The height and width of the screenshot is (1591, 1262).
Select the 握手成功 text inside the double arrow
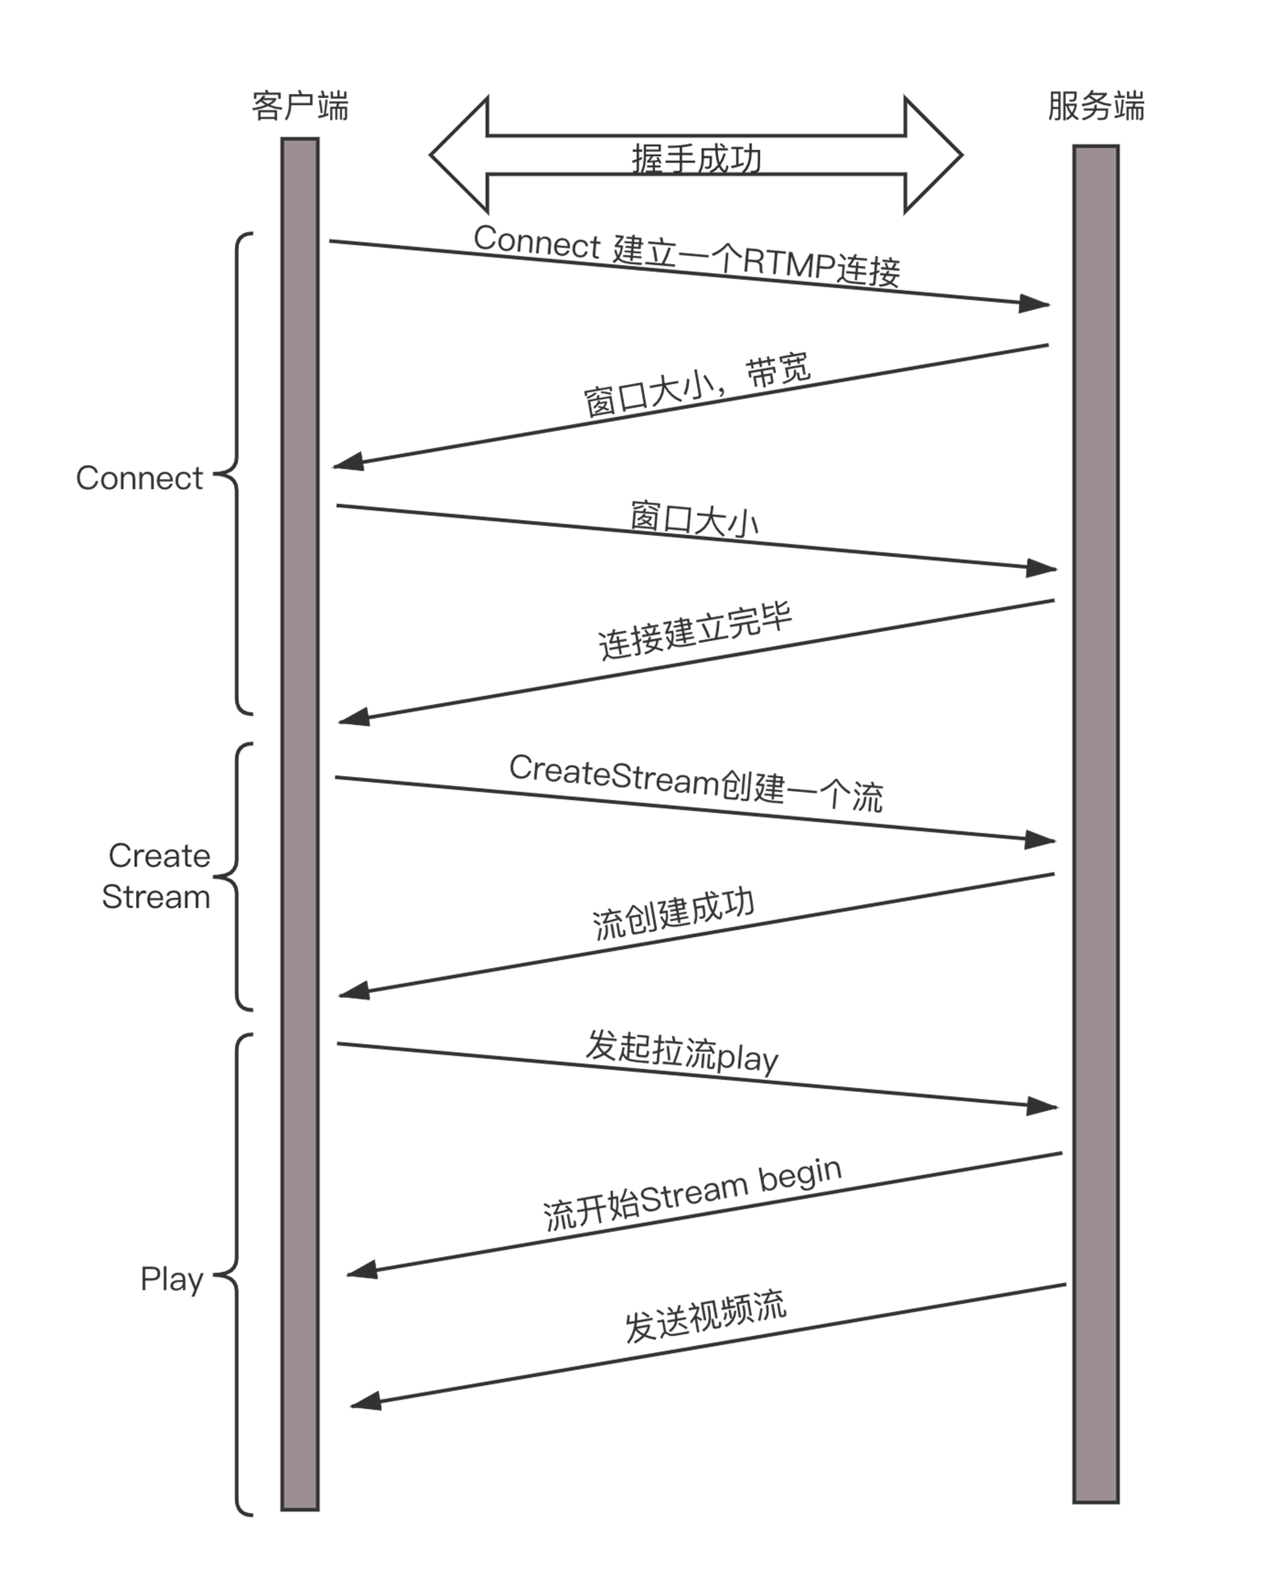[x=696, y=158]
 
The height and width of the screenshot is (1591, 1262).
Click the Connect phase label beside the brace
[x=139, y=478]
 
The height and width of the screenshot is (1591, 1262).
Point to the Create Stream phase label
[x=157, y=876]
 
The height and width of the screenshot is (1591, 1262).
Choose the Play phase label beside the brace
[x=171, y=1279]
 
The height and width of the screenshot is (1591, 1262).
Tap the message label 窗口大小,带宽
[x=697, y=386]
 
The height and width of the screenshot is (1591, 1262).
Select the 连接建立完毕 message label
[x=694, y=632]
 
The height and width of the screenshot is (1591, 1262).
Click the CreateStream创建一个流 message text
[x=695, y=783]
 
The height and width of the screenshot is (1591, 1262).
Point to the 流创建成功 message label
[x=673, y=914]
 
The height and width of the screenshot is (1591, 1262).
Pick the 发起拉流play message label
[x=682, y=1052]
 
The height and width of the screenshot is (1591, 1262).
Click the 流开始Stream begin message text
[x=692, y=1195]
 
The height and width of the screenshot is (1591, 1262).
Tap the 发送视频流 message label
[x=705, y=1317]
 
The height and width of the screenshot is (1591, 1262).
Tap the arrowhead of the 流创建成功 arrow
[x=354, y=991]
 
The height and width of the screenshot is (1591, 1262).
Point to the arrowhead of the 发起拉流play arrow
[x=1042, y=1105]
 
